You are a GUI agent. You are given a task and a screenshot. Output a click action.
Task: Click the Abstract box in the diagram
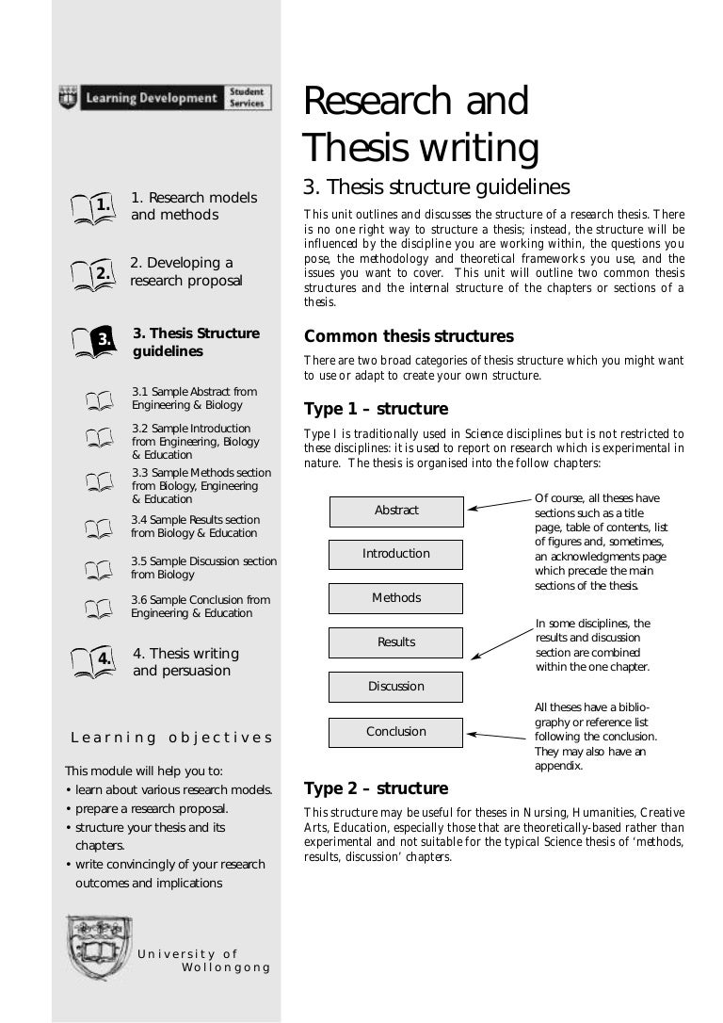(395, 511)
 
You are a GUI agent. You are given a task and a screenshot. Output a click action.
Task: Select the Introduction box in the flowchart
(395, 554)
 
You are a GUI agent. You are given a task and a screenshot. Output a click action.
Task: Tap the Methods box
(395, 598)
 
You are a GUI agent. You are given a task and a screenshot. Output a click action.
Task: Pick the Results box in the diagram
(395, 642)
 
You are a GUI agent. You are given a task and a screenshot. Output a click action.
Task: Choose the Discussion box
(395, 687)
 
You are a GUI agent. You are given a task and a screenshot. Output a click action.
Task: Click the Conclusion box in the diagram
(395, 732)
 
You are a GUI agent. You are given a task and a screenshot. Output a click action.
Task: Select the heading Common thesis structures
(409, 336)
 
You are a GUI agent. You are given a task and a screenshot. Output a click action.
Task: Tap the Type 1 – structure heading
(376, 410)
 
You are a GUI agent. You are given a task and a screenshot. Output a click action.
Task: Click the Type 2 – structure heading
(376, 788)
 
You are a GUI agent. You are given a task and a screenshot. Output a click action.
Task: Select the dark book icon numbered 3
(93, 341)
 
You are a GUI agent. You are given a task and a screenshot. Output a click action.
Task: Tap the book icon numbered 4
(93, 661)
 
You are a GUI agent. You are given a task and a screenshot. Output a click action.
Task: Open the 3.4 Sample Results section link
(195, 527)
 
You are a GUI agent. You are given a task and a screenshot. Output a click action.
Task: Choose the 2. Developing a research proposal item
(185, 271)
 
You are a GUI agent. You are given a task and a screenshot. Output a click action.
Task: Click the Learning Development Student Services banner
(166, 97)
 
